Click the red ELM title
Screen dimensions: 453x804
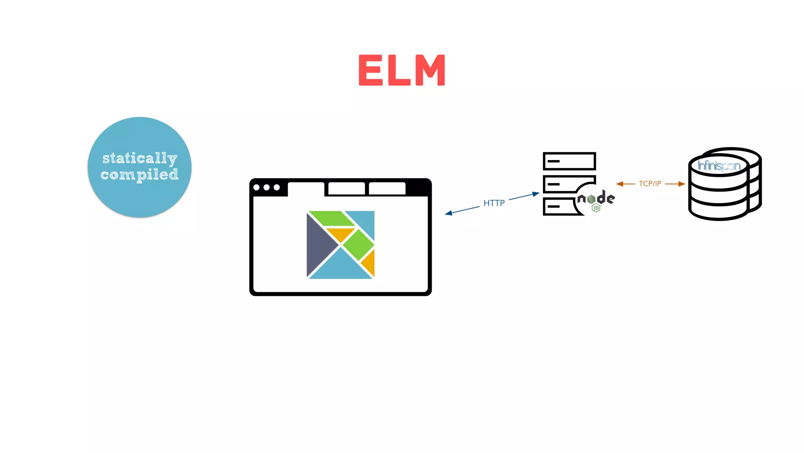(x=402, y=70)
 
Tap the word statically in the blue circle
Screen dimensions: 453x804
(x=139, y=158)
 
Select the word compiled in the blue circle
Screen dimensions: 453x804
(x=139, y=175)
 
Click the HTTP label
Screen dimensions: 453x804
(x=494, y=203)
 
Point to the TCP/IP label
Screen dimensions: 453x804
(x=650, y=184)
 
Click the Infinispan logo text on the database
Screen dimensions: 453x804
(x=719, y=166)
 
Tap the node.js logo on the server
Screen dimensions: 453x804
(x=596, y=200)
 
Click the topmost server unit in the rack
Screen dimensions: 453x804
(x=569, y=161)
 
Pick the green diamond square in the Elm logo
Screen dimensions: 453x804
(x=358, y=245)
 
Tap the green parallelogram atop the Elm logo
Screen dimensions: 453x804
(x=332, y=219)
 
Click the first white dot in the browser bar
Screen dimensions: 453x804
(x=257, y=188)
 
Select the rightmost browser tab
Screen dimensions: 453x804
(x=387, y=188)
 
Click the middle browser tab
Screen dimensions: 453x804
(x=346, y=188)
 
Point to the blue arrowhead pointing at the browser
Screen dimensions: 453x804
(x=448, y=213)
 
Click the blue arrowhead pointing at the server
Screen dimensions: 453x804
(x=536, y=194)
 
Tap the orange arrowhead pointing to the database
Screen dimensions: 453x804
(x=682, y=184)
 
